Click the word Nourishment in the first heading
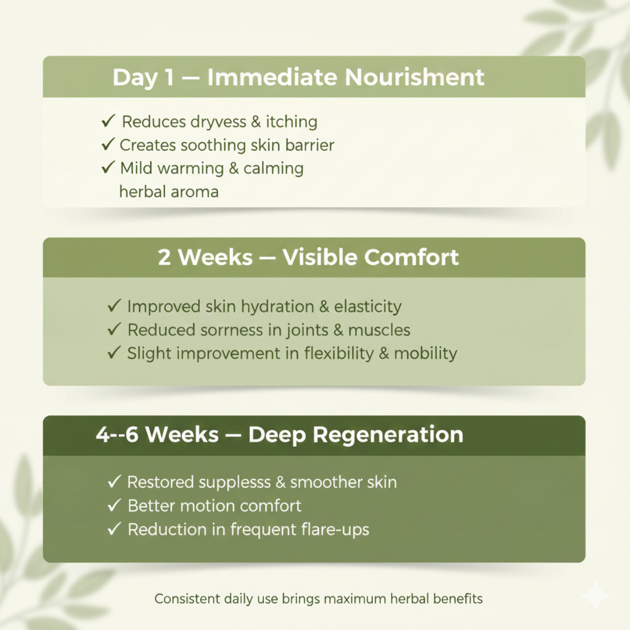click(x=415, y=78)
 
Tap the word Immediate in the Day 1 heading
click(x=272, y=78)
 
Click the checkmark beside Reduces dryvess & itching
click(x=108, y=121)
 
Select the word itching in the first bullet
click(x=291, y=122)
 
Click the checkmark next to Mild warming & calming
click(x=108, y=167)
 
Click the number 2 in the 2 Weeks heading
click(x=164, y=257)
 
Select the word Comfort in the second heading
click(x=411, y=257)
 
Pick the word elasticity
click(x=367, y=307)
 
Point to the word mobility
click(x=425, y=354)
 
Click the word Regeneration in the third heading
click(x=388, y=435)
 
